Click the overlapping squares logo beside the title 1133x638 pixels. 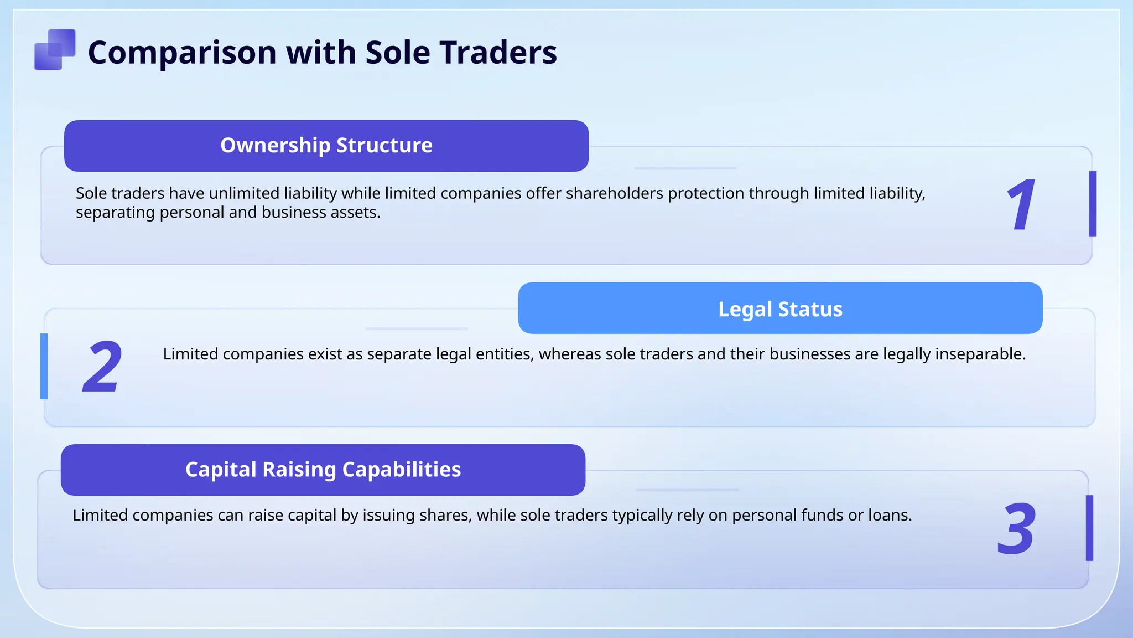(x=55, y=50)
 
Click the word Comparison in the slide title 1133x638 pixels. (x=182, y=53)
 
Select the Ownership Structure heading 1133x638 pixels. (x=326, y=145)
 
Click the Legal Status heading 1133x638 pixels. (x=780, y=309)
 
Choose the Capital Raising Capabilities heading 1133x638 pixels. (x=323, y=470)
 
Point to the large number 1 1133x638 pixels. (x=1021, y=205)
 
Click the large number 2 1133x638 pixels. (x=102, y=367)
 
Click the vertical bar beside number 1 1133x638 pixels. (x=1093, y=204)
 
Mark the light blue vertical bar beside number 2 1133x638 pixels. (x=44, y=366)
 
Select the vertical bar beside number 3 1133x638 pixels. (x=1089, y=528)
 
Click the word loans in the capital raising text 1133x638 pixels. (x=889, y=516)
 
